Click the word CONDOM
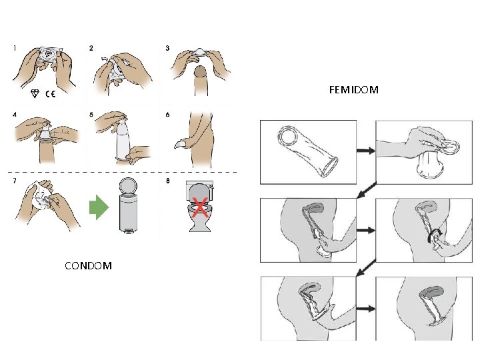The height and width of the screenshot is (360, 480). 88,266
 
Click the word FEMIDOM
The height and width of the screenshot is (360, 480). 354,89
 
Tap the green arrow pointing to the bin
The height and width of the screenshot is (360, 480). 98,209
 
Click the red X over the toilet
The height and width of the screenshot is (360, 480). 198,209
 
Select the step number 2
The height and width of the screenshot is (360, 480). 91,48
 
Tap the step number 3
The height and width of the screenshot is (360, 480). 168,48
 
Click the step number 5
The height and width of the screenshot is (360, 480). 91,114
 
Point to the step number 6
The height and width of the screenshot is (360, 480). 168,114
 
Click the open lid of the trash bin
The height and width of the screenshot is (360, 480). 127,185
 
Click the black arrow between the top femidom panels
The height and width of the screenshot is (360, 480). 366,151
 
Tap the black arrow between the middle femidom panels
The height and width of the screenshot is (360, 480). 366,230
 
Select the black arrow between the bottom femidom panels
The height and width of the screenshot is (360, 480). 366,309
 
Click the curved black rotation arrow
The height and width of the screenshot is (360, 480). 437,235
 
